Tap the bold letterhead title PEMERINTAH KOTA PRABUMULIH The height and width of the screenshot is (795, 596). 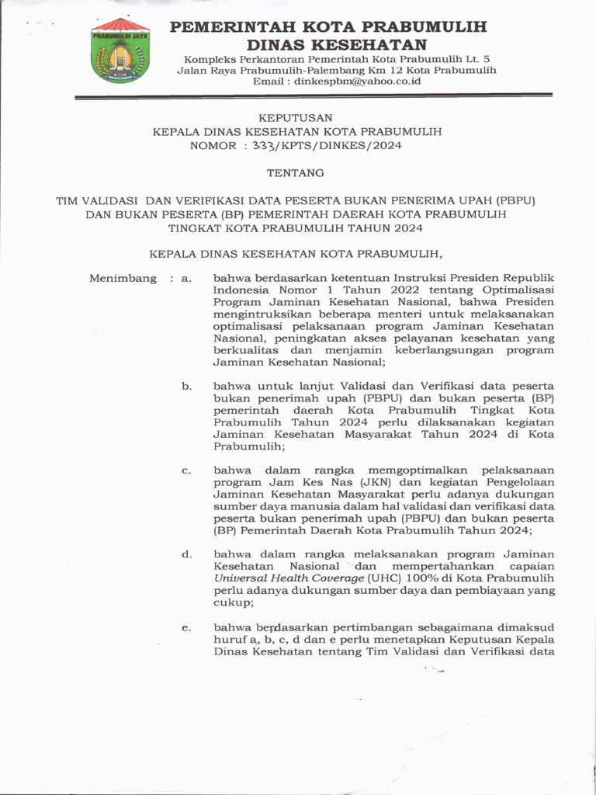[x=328, y=27]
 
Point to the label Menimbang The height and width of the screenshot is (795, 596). [x=123, y=278]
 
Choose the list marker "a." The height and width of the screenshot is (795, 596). [x=185, y=278]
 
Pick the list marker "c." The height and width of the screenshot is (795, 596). [x=186, y=470]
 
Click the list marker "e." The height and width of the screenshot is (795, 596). [x=186, y=627]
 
